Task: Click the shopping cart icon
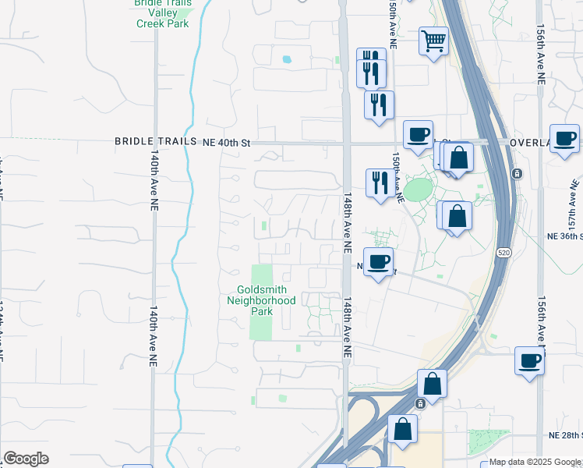click(x=433, y=40)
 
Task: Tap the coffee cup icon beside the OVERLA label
click(x=564, y=139)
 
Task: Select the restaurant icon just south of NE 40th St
click(x=379, y=183)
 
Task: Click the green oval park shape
click(x=419, y=190)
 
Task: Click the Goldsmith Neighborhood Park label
click(x=261, y=300)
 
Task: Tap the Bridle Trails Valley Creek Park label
click(x=163, y=12)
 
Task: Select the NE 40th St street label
click(x=226, y=142)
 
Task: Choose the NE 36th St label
click(x=564, y=236)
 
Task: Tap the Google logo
click(x=26, y=459)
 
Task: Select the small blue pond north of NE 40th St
click(x=287, y=59)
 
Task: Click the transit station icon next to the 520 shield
click(x=515, y=173)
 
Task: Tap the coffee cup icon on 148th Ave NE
click(x=378, y=262)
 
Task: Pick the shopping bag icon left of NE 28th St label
click(x=402, y=429)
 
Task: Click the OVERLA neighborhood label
click(x=530, y=143)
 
